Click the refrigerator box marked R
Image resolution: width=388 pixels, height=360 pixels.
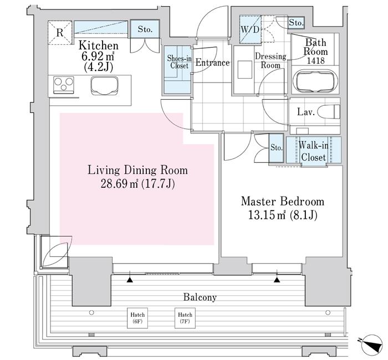[x=59, y=32]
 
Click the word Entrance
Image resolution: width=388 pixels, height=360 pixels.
[x=212, y=63]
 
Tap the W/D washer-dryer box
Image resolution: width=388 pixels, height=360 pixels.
[x=249, y=29]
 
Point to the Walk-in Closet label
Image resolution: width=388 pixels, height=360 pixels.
[x=313, y=151]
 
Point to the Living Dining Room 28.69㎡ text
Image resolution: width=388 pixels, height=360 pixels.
[x=137, y=183]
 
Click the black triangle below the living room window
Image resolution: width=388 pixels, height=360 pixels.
[x=130, y=280]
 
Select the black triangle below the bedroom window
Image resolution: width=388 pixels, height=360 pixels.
[x=277, y=280]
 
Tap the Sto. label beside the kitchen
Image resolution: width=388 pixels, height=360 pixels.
[x=145, y=29]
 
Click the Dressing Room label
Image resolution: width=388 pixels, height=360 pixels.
[x=270, y=60]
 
